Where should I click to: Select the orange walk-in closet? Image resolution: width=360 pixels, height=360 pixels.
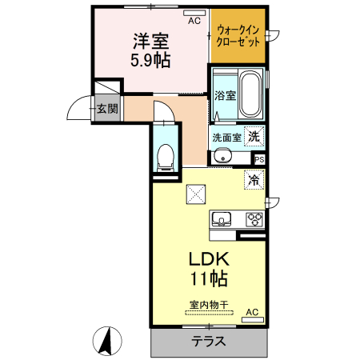tap(238, 36)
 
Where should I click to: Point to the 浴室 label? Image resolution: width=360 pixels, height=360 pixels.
tap(225, 96)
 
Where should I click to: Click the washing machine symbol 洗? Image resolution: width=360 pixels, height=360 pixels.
tap(254, 136)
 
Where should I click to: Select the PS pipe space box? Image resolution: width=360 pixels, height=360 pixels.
tap(258, 159)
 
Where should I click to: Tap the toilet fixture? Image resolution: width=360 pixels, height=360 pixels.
tap(166, 154)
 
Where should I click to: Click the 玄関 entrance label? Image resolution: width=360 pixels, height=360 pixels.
tap(106, 109)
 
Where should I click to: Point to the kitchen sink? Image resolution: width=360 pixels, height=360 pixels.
tap(222, 218)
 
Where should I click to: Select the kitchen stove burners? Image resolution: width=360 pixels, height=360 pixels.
tap(254, 218)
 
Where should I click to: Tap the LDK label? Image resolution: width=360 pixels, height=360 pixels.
tap(209, 260)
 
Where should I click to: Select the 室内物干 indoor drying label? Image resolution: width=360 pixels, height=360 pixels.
tap(209, 304)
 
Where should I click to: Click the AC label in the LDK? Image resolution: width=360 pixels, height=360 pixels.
tap(252, 312)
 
